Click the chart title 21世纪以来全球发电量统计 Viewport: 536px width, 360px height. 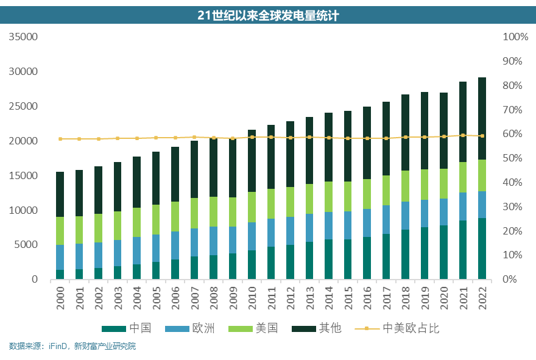tap(268, 16)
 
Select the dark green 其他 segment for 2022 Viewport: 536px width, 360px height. tap(482, 119)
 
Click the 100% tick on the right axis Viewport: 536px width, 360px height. tap(515, 37)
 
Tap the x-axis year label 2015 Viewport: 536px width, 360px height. tap(348, 299)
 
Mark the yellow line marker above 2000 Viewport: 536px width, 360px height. tap(60, 139)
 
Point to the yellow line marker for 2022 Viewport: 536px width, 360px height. tap(482, 136)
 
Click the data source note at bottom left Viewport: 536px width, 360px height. tap(72, 347)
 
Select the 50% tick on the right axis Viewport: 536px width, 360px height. tap(515, 158)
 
